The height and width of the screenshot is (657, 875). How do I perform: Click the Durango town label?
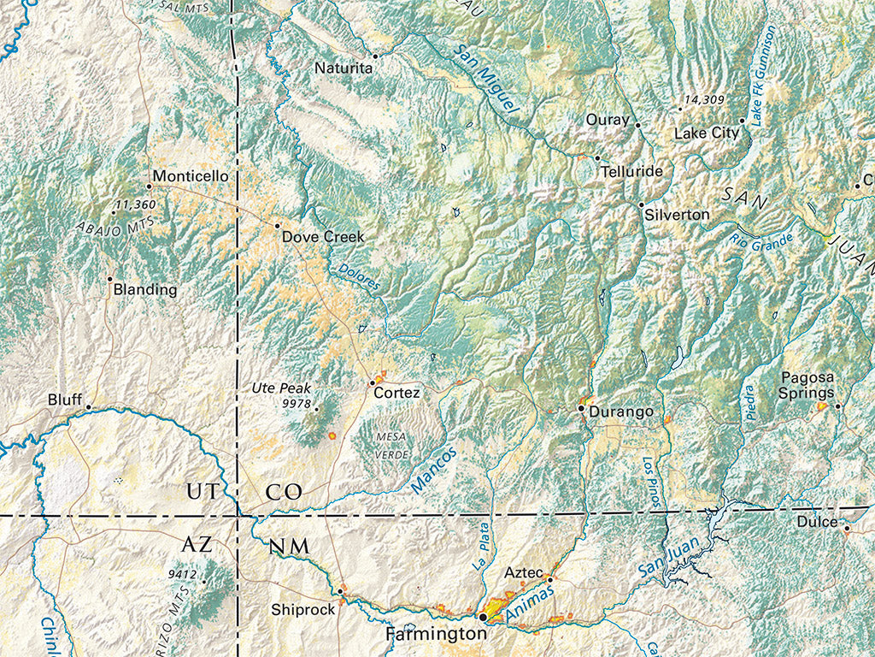coord(621,412)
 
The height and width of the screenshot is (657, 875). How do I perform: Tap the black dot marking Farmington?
coord(483,616)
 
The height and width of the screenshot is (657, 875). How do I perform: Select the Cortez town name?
coord(396,393)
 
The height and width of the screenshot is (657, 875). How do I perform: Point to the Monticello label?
coord(191,176)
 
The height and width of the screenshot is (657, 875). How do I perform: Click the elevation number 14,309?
coord(705,100)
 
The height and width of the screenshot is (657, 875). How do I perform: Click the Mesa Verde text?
coord(391,445)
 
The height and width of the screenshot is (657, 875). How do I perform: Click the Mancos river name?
coord(434,470)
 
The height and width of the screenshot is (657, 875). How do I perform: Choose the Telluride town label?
coord(631,171)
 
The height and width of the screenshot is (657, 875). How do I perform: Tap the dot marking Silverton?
coord(641,204)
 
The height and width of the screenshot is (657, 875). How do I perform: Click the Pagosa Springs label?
coord(807,385)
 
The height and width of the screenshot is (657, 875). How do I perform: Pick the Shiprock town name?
coord(302,610)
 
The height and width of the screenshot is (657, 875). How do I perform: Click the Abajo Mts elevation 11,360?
coord(134,204)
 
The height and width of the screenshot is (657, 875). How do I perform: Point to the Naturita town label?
coord(343,68)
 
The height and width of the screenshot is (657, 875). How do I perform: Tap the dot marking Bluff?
coord(88,408)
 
